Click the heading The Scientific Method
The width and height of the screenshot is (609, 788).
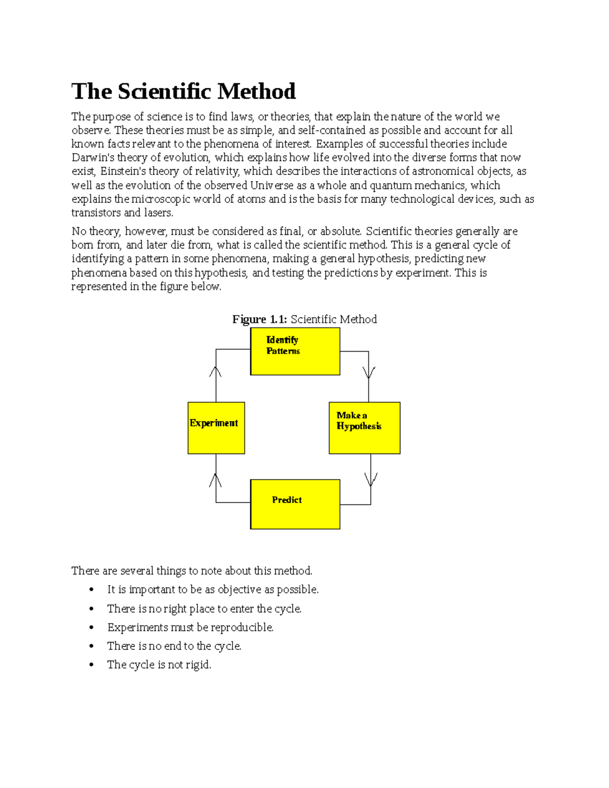pos(183,92)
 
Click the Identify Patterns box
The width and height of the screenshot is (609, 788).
pos(295,351)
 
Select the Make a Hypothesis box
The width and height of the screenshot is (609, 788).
pos(364,428)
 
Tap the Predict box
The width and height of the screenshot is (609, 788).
pos(295,504)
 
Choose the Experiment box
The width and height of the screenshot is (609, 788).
pos(216,428)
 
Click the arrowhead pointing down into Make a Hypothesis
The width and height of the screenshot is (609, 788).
pos(368,373)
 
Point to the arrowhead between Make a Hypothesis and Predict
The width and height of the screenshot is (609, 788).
pos(370,479)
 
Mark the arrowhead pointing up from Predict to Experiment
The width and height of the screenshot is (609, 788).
pos(216,480)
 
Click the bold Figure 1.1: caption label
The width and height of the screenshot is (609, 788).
pos(259,319)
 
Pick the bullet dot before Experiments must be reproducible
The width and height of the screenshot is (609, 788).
pos(91,628)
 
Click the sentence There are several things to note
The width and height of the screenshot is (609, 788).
pos(191,571)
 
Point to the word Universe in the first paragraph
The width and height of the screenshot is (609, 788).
pos(272,186)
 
